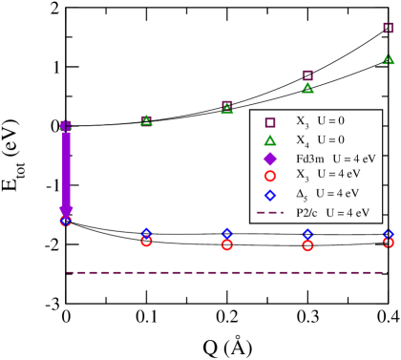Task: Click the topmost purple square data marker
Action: coord(388,28)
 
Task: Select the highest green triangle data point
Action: coord(388,59)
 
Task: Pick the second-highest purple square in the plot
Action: coord(307,74)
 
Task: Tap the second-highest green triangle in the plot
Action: coord(307,88)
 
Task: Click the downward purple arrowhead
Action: coord(66,212)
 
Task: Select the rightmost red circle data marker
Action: coord(388,243)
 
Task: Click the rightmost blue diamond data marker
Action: coord(388,233)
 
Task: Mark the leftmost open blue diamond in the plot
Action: coord(146,232)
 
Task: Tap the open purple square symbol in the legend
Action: coord(270,122)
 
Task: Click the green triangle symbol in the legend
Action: coord(270,140)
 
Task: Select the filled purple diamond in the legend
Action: coord(270,159)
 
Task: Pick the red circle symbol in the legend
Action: coord(270,176)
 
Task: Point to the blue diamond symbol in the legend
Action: coord(270,195)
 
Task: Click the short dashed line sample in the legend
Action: coord(270,213)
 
